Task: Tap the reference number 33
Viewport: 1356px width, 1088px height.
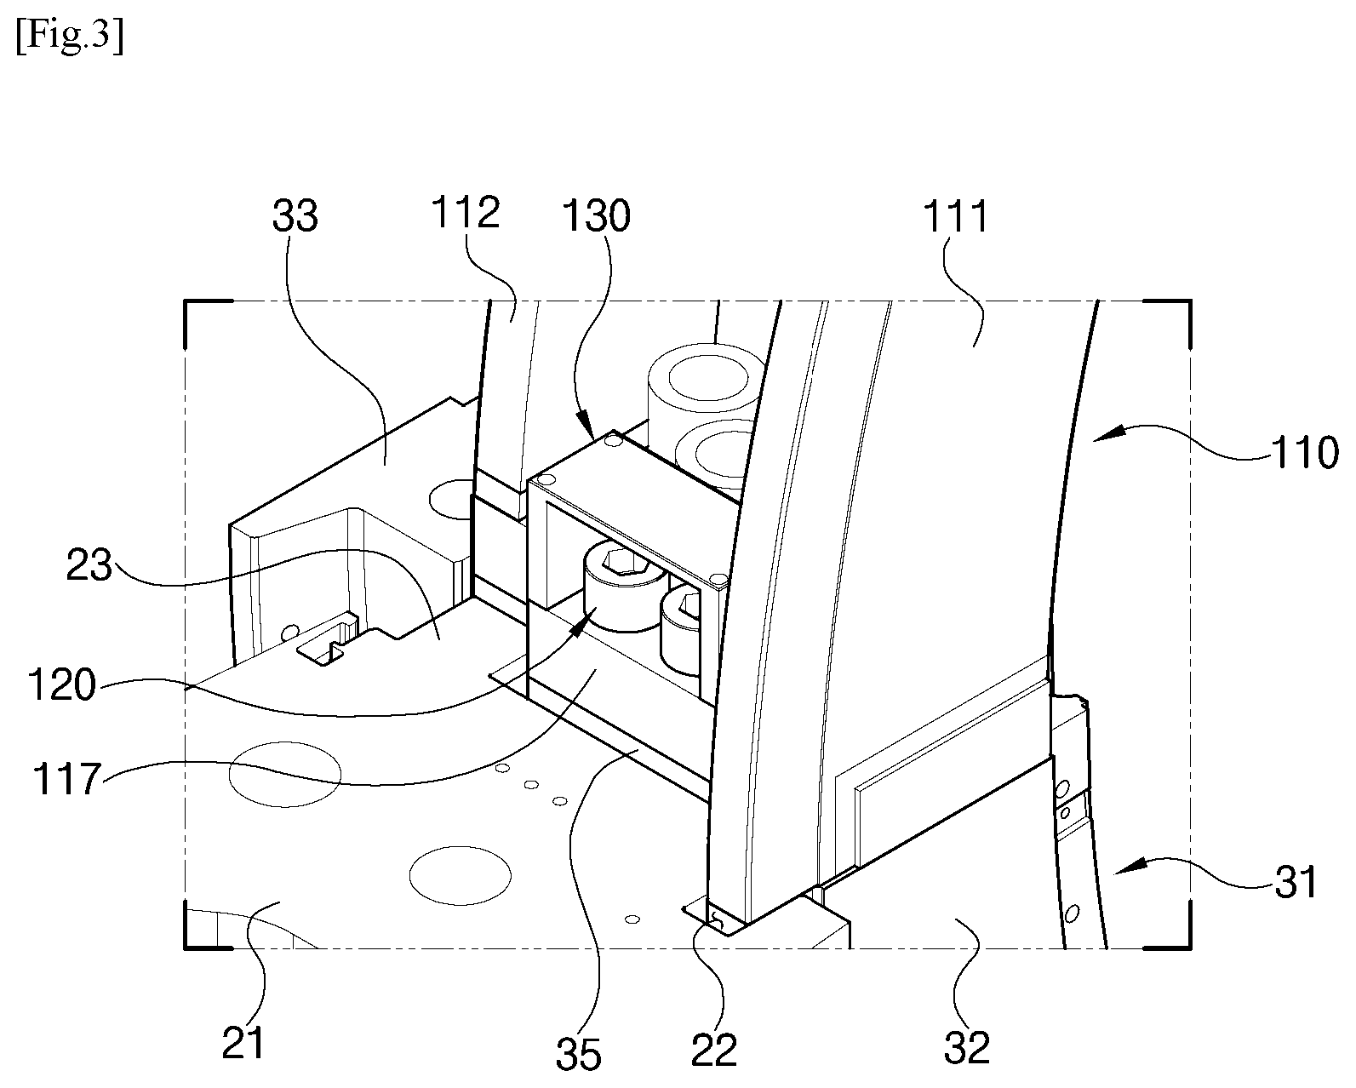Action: click(x=295, y=216)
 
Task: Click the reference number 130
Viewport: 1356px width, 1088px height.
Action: click(x=596, y=216)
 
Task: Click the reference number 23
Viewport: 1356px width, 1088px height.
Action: click(x=90, y=565)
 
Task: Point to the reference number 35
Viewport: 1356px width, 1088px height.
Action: click(x=579, y=1053)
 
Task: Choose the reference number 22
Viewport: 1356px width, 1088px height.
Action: click(x=713, y=1051)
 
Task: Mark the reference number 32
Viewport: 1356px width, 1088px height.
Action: click(x=967, y=1046)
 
